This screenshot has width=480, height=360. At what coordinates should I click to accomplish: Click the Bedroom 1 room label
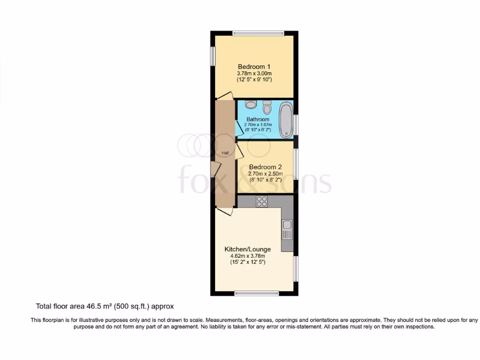coord(254,67)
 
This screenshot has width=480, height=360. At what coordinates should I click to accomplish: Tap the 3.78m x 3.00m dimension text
coord(254,74)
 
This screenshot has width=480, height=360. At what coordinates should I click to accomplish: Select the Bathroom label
coord(258,120)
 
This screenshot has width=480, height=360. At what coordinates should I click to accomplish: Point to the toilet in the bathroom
coord(267,108)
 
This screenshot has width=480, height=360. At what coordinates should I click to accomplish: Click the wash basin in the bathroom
coord(250,105)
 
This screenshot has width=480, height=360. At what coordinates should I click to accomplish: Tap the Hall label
coord(225,153)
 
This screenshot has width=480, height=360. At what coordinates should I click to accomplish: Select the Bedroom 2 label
coord(265,167)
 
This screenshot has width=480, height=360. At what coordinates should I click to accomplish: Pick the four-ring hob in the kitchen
coord(262,202)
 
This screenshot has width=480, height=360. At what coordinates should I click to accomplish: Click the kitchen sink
coord(287,229)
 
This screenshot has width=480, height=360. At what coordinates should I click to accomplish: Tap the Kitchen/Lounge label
coord(247,249)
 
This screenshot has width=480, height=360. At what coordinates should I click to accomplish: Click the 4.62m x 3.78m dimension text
coord(247,256)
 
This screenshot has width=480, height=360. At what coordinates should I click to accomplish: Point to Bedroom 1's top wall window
coord(254,33)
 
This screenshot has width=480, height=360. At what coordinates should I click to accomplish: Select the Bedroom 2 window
coord(295,164)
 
